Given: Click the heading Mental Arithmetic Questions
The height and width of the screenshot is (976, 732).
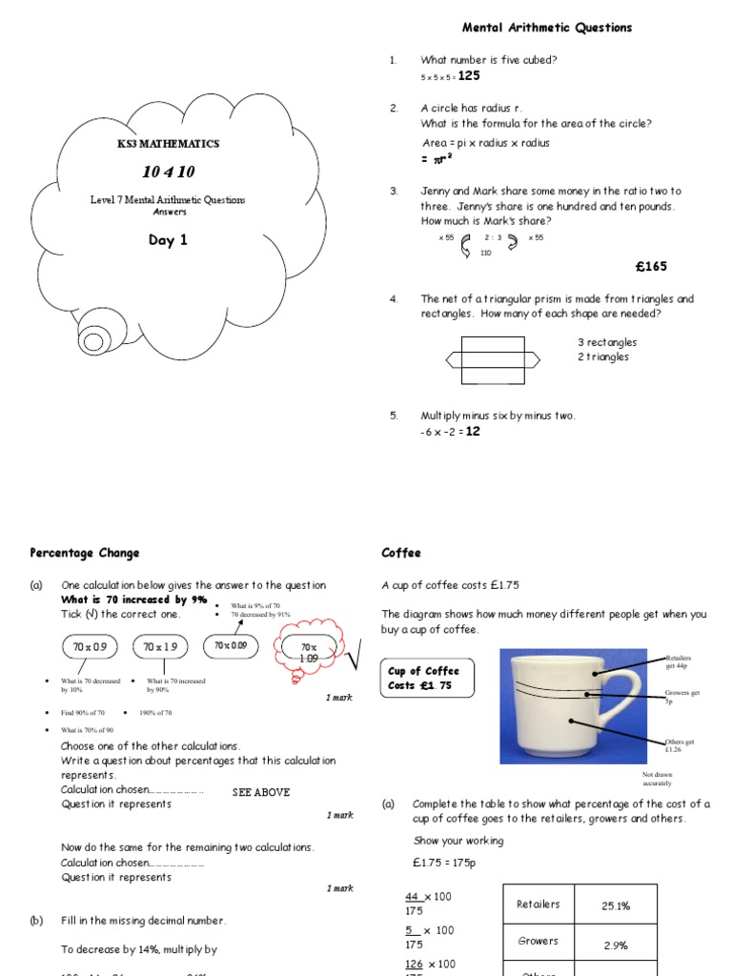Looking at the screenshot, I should [x=546, y=29].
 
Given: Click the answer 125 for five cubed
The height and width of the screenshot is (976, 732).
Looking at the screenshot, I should [x=468, y=75].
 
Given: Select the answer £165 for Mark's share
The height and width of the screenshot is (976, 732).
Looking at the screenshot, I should [x=653, y=266].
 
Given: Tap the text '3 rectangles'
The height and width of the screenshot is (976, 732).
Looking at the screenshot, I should [x=607, y=342].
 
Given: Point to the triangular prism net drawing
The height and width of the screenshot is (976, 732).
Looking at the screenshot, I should [x=492, y=360].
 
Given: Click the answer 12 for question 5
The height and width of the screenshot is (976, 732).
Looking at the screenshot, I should [x=475, y=431].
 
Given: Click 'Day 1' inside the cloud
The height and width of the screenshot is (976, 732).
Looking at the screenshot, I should [x=168, y=240].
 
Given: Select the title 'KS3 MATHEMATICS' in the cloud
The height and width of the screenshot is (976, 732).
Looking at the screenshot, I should [x=168, y=144].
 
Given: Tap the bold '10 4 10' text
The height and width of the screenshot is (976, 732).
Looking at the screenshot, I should [x=168, y=173].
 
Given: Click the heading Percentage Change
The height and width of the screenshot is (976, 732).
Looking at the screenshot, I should [x=84, y=553].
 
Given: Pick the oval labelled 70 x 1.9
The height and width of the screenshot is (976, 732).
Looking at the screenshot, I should [x=161, y=647].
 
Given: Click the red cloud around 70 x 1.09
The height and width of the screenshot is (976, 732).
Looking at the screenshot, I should [x=307, y=653].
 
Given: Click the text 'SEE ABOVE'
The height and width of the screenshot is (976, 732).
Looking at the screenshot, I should [x=261, y=792].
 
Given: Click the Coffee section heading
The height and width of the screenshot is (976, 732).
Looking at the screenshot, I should [x=400, y=553].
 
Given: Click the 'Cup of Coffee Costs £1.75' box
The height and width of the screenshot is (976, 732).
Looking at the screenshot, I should [x=422, y=679].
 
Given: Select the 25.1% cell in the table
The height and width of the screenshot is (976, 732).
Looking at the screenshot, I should [x=616, y=906].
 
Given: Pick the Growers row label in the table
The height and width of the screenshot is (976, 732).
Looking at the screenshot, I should [x=538, y=941].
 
